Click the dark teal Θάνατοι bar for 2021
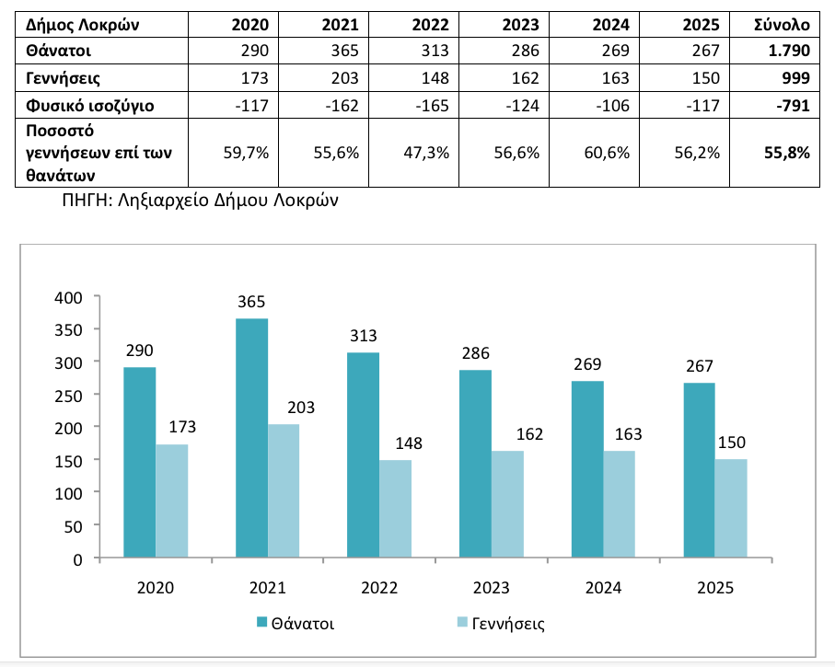[252, 438]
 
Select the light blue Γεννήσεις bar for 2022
[395, 509]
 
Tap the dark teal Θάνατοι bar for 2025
[699, 470]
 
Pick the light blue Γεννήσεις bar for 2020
[171, 501]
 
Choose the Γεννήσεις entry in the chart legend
[508, 624]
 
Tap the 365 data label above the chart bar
[252, 302]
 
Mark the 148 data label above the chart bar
[395, 443]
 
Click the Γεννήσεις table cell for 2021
[345, 78]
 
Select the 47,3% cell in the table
[427, 153]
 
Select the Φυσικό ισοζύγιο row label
[90, 106]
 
